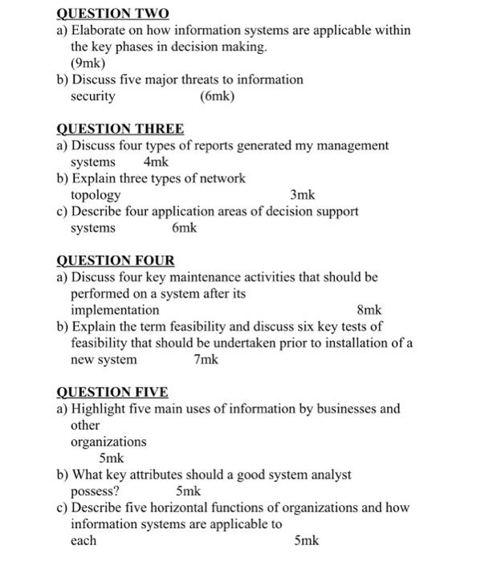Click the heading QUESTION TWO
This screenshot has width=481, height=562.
(112, 14)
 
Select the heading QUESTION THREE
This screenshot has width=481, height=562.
(120, 128)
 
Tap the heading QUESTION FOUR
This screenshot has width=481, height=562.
(116, 260)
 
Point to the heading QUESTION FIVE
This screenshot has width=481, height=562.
(112, 392)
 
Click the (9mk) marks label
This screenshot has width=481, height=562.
(88, 63)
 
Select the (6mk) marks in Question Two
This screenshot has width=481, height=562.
(217, 96)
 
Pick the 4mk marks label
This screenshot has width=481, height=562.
(155, 162)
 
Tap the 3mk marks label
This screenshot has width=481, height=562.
(303, 195)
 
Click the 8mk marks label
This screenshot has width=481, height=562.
(369, 310)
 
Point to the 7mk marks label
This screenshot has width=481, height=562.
(206, 360)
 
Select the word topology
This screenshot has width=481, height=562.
(96, 195)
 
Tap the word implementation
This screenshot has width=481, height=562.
(115, 310)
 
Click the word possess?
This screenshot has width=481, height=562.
(96, 491)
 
